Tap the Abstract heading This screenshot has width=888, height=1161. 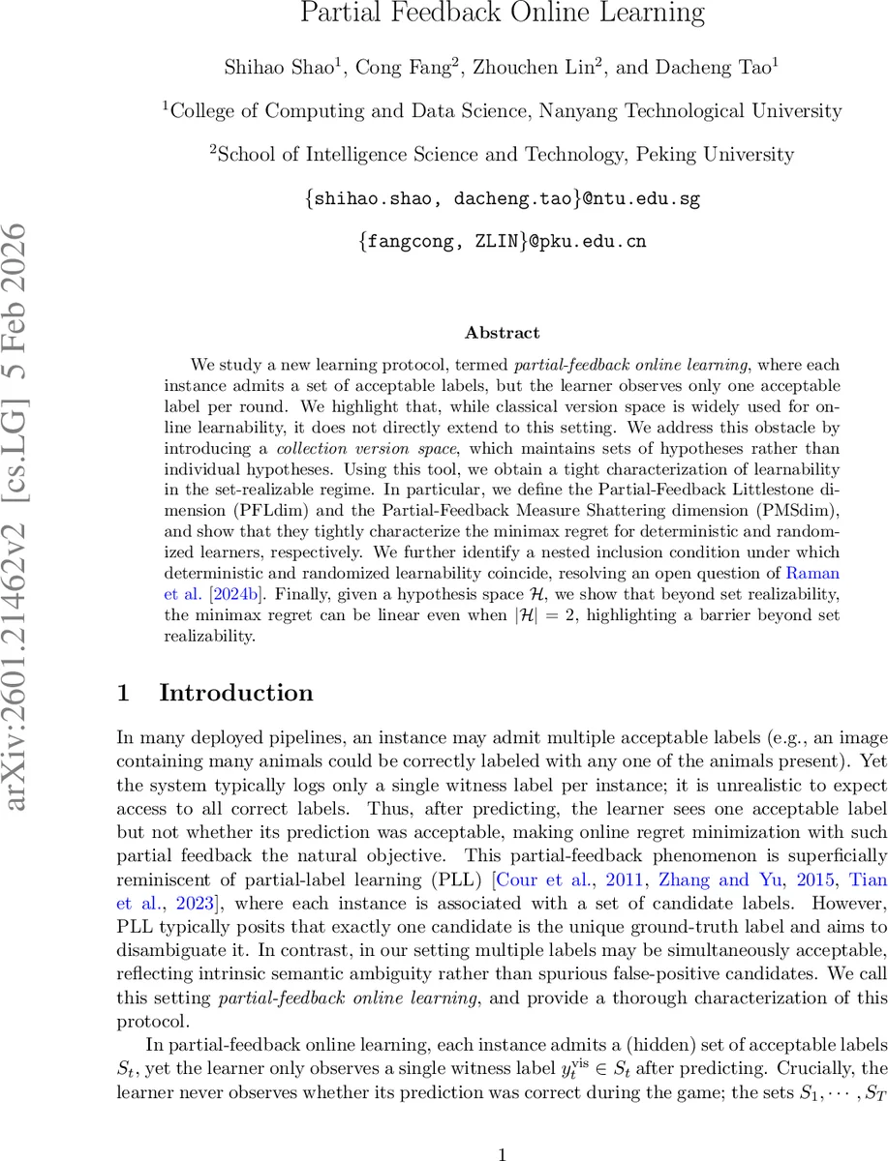pos(502,333)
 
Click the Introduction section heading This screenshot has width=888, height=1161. pos(236,693)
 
